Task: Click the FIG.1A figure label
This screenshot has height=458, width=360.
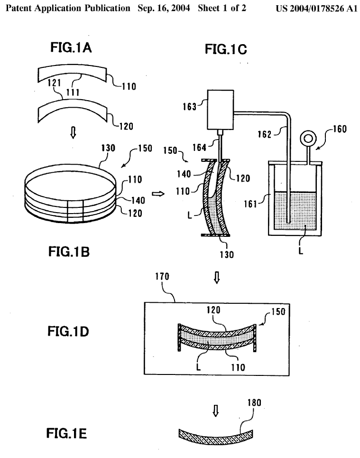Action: click(x=71, y=47)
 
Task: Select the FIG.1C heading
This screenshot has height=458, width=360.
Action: click(x=226, y=49)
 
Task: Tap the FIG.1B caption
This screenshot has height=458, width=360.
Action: click(x=69, y=252)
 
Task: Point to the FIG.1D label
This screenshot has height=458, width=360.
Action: click(x=68, y=331)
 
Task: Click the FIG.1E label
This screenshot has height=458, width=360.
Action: click(x=66, y=433)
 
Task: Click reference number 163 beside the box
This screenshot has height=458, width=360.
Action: click(x=190, y=107)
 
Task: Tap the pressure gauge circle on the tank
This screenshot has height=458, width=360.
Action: click(x=308, y=138)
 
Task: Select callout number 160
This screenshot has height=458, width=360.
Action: click(x=340, y=129)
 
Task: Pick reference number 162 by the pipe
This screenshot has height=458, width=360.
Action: click(x=265, y=134)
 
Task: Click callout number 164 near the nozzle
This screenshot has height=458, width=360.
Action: click(x=199, y=148)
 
